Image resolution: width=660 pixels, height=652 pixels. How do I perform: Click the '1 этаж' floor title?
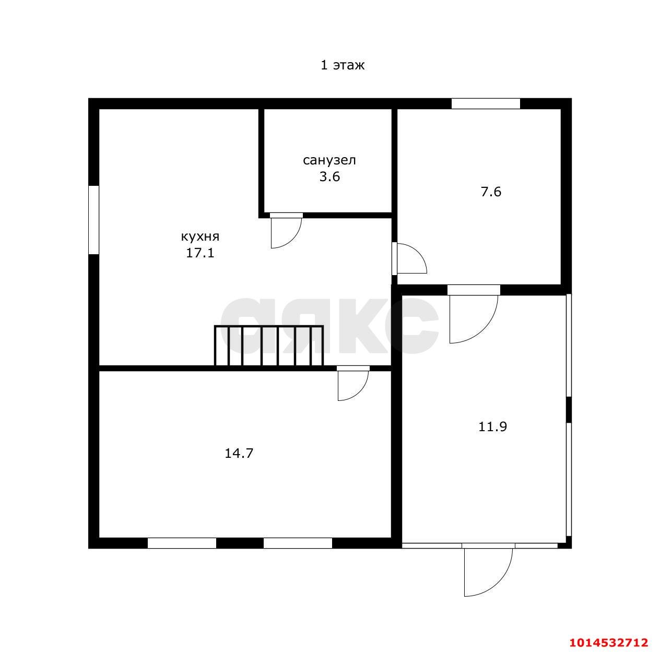click(x=342, y=65)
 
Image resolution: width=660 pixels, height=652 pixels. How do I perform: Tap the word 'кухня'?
click(x=200, y=237)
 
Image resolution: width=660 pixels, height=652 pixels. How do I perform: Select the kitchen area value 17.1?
click(x=200, y=253)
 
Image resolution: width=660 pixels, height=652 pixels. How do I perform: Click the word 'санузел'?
click(x=329, y=160)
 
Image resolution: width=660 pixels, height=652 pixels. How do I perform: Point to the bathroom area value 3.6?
click(x=329, y=176)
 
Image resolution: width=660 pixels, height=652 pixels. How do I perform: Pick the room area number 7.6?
click(x=491, y=192)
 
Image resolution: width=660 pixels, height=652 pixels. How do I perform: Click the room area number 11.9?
click(x=492, y=426)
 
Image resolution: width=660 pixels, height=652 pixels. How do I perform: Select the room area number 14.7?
click(x=239, y=454)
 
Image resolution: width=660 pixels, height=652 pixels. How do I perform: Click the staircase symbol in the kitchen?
click(x=269, y=346)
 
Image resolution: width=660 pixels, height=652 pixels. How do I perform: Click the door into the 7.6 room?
click(x=409, y=259)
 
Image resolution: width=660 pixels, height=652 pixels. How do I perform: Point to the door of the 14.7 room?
click(x=353, y=383)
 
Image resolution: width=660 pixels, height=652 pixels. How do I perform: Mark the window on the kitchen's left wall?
click(x=94, y=220)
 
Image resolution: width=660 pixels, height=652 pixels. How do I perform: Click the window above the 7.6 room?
click(x=486, y=104)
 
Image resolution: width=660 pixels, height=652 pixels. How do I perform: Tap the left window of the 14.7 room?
click(x=182, y=543)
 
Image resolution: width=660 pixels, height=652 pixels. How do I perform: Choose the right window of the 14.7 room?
click(x=298, y=543)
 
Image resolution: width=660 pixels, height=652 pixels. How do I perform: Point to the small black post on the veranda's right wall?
click(x=569, y=410)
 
